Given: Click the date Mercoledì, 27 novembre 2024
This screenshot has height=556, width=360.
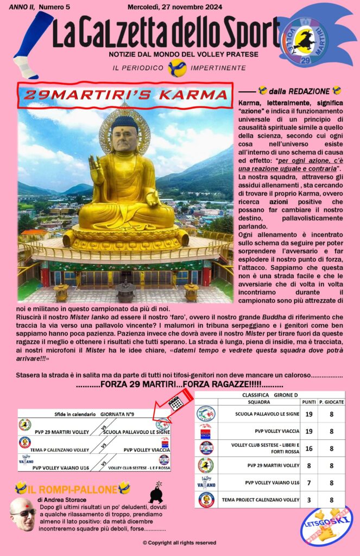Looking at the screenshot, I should pyautogui.click(x=167, y=7).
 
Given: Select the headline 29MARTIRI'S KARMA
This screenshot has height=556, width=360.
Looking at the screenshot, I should pyautogui.click(x=125, y=94).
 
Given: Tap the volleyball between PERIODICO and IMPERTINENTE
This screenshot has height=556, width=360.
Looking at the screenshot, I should pyautogui.click(x=177, y=68).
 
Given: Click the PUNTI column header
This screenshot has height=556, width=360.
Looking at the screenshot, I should pyautogui.click(x=308, y=402).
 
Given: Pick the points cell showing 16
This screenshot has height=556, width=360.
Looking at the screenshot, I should pyautogui.click(x=308, y=448).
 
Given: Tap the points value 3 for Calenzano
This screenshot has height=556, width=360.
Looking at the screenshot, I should pyautogui.click(x=308, y=500).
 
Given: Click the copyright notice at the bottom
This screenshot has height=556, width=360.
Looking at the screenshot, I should pyautogui.click(x=179, y=542).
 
